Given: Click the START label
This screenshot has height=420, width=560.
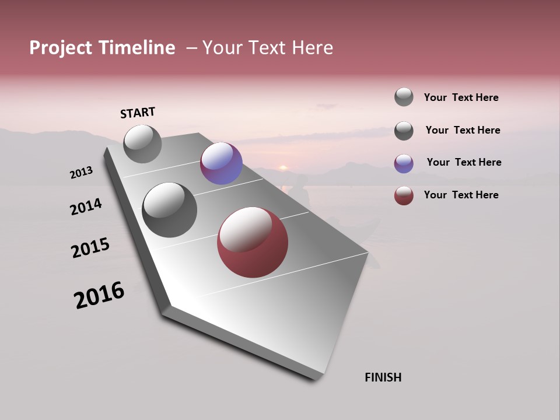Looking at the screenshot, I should pos(138,113).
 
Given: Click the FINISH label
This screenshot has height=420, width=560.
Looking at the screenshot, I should pos(383,377).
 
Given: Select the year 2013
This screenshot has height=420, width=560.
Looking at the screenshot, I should pos(81,173).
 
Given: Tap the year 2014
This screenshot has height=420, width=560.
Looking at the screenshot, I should pos(86,206).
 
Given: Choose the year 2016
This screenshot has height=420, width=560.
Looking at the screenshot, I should pos(99,295).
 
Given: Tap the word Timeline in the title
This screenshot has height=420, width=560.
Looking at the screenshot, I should pos(137,48).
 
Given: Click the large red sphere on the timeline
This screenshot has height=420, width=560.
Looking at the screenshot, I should pos(253,242).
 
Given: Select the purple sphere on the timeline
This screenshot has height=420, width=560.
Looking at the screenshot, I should pos(221,163).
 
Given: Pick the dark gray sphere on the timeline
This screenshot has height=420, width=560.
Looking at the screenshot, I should pos(169,210).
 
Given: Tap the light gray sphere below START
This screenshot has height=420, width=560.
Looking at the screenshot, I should pos(142,143).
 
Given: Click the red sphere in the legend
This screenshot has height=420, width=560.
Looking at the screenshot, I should pos(404,195).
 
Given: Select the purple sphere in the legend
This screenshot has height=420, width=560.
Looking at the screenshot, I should pos(404,163).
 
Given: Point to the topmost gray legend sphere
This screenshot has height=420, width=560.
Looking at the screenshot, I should pos(404,97).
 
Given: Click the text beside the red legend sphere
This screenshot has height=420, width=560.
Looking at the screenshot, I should pos(461,195).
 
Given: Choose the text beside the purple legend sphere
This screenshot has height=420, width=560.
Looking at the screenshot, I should pos(464,162).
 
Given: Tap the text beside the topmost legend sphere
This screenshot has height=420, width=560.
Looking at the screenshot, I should pos(461,97).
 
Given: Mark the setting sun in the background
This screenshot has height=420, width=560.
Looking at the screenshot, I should pos(283,167).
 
